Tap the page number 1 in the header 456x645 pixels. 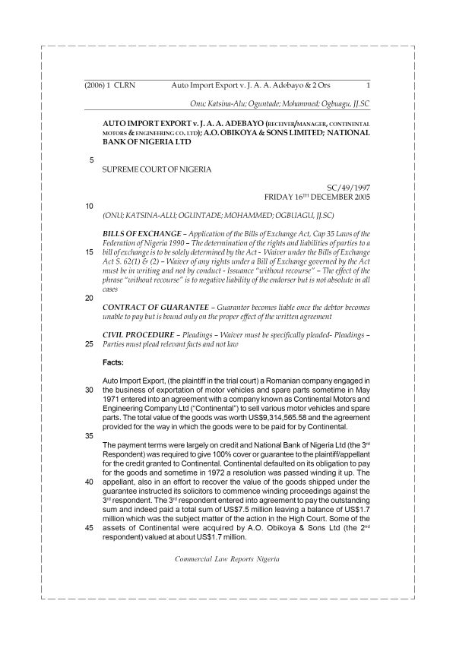(368, 86)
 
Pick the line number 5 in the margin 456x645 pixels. (92, 160)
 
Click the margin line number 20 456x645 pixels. (90, 298)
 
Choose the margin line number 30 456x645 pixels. (90, 390)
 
